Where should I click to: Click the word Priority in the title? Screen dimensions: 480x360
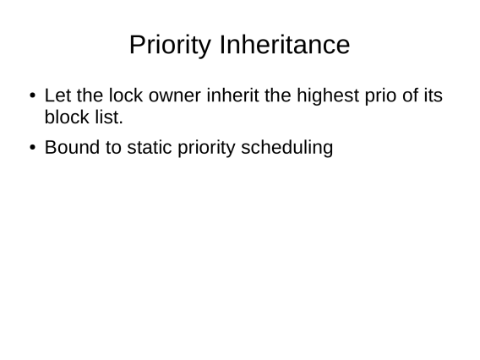(170, 45)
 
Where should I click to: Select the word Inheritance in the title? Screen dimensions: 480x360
(285, 45)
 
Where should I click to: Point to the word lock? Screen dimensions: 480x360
(126, 95)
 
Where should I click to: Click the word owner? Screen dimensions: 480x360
(175, 96)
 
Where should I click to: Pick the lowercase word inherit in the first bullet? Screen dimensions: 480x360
(232, 95)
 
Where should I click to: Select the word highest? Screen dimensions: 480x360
(328, 95)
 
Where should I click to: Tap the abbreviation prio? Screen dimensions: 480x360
(380, 96)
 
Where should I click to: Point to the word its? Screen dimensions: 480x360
(434, 95)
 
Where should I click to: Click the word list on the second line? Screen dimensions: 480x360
(109, 117)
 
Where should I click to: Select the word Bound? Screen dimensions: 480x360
(72, 147)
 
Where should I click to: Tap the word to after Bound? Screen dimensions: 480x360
(113, 148)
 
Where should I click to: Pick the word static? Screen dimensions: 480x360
(150, 147)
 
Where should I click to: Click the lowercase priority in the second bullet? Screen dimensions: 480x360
(206, 149)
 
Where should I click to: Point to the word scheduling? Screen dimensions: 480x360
(287, 149)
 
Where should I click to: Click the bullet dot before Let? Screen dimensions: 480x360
(32, 95)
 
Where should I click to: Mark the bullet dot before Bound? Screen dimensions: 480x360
(32, 148)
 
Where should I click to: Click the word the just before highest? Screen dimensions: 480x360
(278, 95)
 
